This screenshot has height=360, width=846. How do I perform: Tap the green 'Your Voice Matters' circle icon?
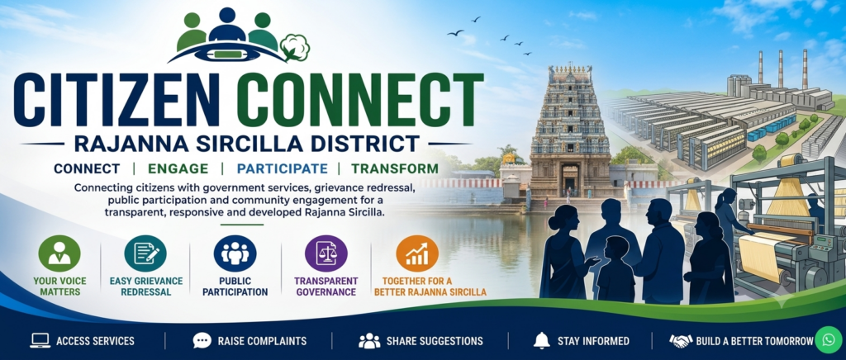click(x=59, y=253)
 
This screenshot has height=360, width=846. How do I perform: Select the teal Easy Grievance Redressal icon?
click(x=145, y=253)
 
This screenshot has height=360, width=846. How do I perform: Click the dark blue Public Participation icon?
click(x=235, y=253)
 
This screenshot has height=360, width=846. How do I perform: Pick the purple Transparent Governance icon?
click(x=326, y=253)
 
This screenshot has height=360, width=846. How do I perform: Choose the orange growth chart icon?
click(x=417, y=253)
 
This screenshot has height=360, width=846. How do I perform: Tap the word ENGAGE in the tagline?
click(x=178, y=168)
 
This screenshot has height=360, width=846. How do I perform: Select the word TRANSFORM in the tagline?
click(x=395, y=168)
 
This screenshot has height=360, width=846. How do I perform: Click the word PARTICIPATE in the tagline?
click(x=283, y=168)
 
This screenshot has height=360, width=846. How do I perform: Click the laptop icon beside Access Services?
click(x=40, y=341)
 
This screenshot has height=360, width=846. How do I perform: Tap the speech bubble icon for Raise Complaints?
click(x=202, y=341)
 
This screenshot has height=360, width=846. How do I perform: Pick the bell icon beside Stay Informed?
click(x=541, y=341)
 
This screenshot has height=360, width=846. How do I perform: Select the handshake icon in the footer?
click(x=681, y=341)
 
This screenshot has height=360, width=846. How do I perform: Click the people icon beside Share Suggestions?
click(x=369, y=341)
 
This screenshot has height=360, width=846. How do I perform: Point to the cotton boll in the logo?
click(x=295, y=47)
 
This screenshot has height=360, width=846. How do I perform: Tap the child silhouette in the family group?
click(x=615, y=268)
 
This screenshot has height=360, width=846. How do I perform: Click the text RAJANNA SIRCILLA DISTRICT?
click(x=246, y=144)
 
